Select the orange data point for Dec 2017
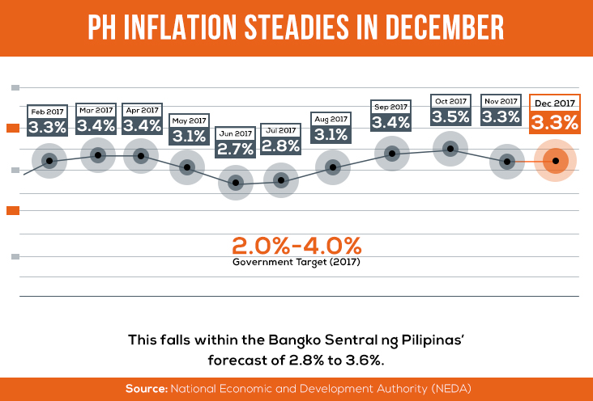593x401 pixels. [556, 161]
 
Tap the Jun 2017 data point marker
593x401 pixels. [236, 183]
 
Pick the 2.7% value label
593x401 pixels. [236, 148]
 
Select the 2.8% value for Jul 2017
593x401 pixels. [281, 146]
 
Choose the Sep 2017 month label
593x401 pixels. [390, 107]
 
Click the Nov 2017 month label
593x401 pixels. [500, 101]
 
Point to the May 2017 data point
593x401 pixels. [187, 167]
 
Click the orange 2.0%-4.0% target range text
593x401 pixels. [296, 246]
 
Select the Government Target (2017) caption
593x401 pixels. [296, 263]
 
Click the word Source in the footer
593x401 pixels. [145, 389]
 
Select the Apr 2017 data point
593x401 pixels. [141, 155]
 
